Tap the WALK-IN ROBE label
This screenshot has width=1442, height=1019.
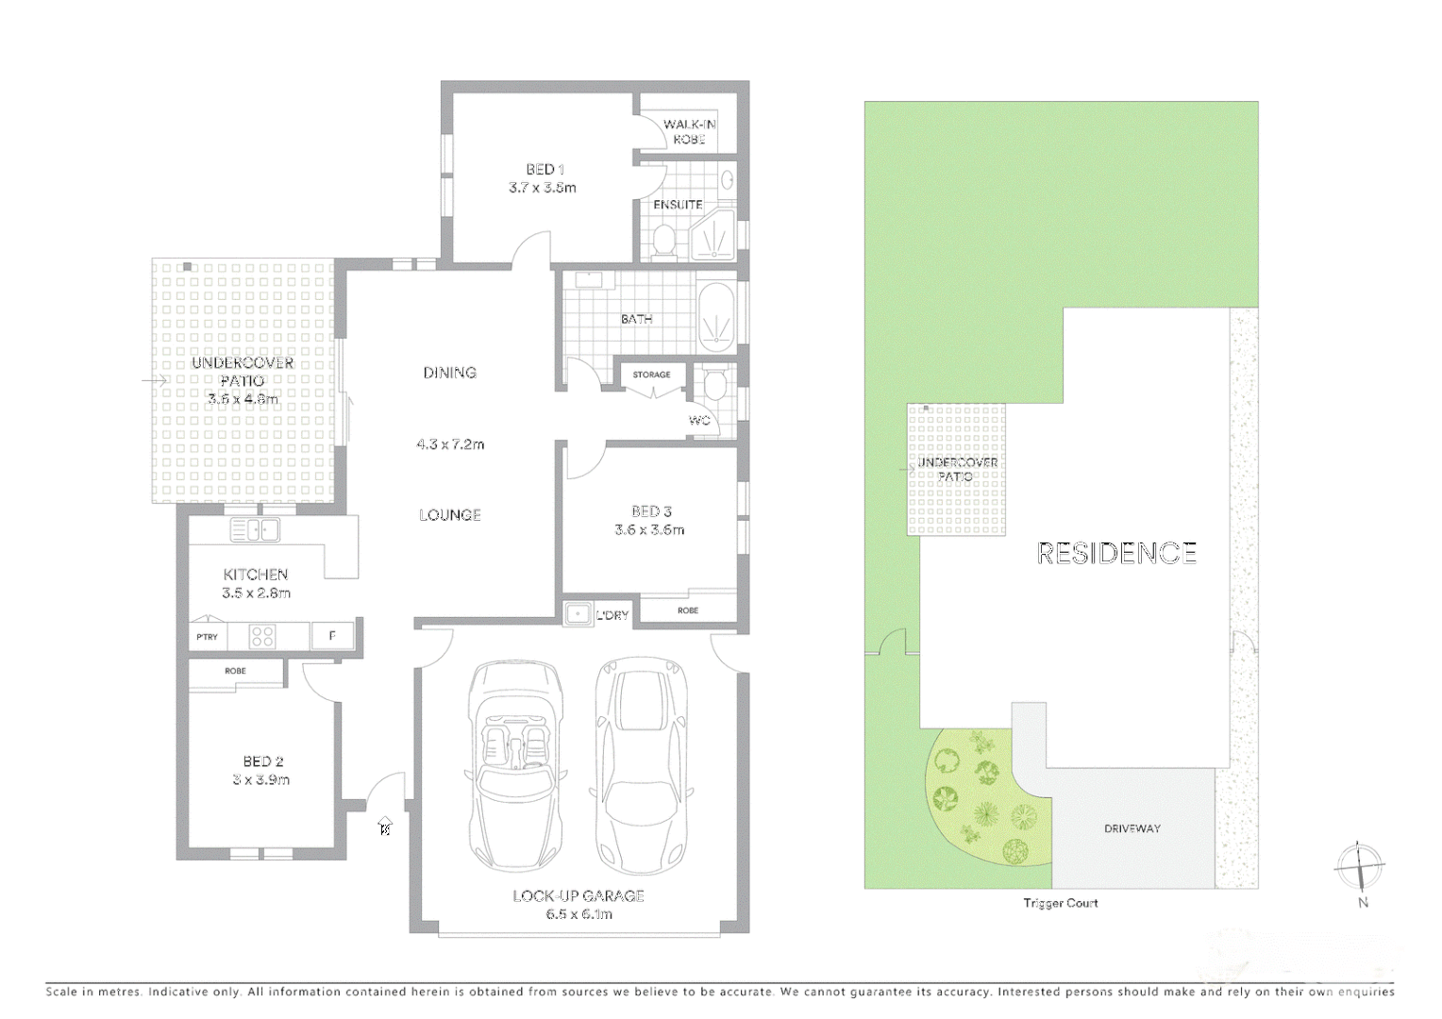(689, 131)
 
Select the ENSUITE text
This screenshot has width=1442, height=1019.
(678, 205)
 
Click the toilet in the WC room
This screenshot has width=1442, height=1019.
(714, 385)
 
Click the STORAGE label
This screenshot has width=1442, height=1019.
(651, 375)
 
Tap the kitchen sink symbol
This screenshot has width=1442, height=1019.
(255, 530)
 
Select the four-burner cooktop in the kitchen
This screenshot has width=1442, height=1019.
(262, 637)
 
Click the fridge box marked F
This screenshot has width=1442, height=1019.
(332, 636)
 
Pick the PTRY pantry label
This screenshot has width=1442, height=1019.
(207, 637)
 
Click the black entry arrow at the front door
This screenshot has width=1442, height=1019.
(384, 827)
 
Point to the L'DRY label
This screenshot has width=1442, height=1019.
(612, 615)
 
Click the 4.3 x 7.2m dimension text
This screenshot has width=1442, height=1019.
(450, 443)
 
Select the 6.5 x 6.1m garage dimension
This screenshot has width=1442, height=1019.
(578, 913)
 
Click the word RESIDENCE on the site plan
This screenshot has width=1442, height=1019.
(1116, 553)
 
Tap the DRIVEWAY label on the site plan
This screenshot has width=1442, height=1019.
(1132, 828)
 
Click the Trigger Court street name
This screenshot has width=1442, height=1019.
(1061, 903)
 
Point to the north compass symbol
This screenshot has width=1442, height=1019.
(1360, 866)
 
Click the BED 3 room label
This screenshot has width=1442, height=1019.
(651, 511)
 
